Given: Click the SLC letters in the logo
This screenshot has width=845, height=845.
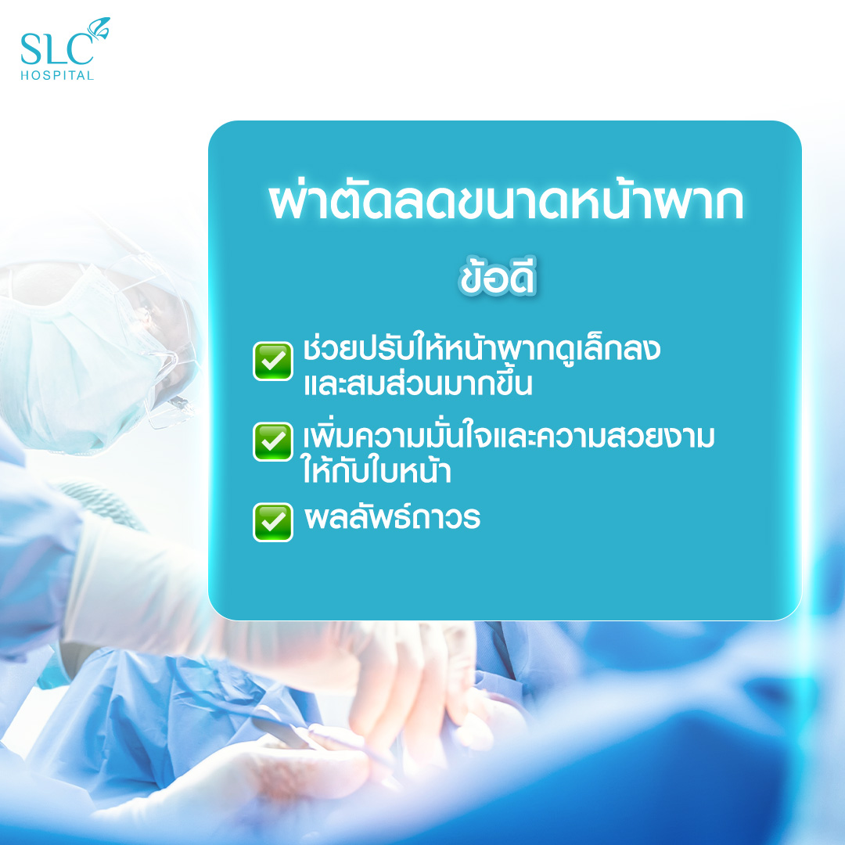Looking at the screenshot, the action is point(56,49).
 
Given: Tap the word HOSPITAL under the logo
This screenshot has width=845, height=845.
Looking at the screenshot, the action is point(57,75).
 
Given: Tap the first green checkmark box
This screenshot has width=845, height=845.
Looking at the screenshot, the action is point(273,361).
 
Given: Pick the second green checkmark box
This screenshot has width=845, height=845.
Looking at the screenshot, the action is point(273,441).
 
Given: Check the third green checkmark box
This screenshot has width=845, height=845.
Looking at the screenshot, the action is point(273,522).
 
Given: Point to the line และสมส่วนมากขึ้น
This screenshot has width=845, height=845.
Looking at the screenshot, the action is point(418,383).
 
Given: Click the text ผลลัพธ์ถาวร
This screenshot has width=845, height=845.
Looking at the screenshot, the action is point(392,517).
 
